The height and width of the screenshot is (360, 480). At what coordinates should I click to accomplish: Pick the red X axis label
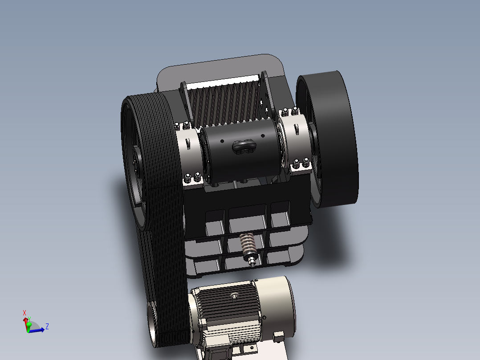(24, 313)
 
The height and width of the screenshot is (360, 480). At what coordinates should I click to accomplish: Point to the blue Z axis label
(47, 327)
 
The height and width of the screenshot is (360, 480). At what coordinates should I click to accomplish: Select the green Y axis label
(29, 318)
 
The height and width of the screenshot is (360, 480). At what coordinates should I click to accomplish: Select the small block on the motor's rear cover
(279, 336)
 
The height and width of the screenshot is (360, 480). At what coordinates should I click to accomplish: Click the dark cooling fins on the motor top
(227, 307)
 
